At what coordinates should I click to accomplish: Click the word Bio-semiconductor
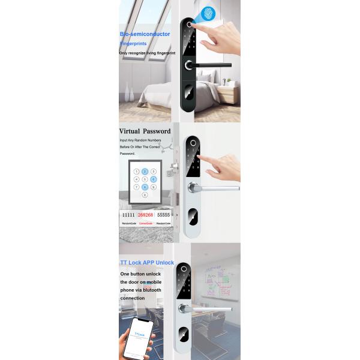[x=145, y=34]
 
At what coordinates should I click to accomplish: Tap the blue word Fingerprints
[x=133, y=44]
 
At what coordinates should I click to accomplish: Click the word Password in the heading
[x=158, y=131]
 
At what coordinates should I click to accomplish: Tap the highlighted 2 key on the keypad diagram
[x=145, y=171]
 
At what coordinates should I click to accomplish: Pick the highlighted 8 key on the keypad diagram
[x=145, y=187]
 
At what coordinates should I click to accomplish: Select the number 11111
[x=128, y=215]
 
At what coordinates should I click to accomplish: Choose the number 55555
[x=163, y=215]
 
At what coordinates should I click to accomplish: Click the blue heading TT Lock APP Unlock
[x=148, y=263]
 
